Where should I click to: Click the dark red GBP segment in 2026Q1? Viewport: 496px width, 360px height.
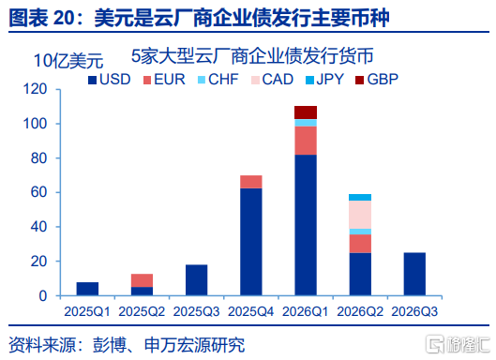tap(306, 112)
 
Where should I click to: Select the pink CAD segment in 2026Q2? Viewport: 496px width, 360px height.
tap(360, 215)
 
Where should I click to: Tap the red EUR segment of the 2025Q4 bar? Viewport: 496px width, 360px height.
tap(251, 182)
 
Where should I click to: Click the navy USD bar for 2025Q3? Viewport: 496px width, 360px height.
tap(197, 280)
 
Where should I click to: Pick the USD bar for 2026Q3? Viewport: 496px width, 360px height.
tap(414, 274)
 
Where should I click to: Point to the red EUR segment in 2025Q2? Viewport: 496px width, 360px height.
tap(142, 280)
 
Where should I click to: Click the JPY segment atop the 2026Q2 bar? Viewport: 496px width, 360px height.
tap(360, 198)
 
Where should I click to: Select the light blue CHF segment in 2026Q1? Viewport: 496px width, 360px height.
tap(306, 123)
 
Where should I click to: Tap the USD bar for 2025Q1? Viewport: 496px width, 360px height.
tap(87, 289)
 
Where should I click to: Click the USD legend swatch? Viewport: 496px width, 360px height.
tap(92, 80)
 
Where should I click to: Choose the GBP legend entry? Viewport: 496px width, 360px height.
tap(376, 80)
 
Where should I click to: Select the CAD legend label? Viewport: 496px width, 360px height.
tap(278, 80)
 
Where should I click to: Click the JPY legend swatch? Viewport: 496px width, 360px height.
tap(309, 80)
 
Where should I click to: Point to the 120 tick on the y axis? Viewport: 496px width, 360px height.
tap(35, 89)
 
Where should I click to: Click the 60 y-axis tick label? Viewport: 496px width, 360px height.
tap(38, 192)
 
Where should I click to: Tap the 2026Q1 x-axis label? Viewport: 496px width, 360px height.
tap(306, 312)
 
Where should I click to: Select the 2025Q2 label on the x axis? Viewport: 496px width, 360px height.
tap(142, 312)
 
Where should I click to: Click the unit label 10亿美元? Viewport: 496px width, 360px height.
tap(68, 61)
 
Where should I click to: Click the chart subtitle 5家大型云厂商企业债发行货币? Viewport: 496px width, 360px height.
tap(252, 56)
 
